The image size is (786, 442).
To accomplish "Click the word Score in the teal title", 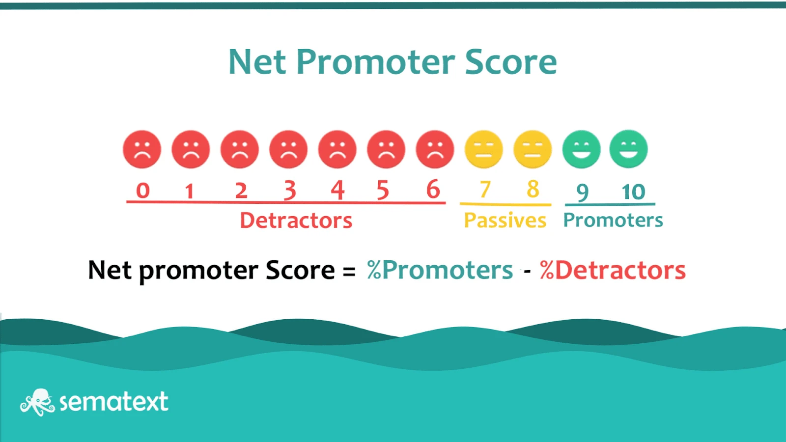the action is pyautogui.click(x=511, y=62).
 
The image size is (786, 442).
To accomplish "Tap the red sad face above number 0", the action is pyautogui.click(x=142, y=149).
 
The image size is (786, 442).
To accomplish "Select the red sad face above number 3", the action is pyautogui.click(x=288, y=149).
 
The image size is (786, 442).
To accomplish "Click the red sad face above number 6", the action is pyautogui.click(x=435, y=149).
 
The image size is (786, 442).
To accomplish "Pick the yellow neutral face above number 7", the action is pyautogui.click(x=483, y=149).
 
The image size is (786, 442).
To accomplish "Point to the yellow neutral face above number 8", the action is pyautogui.click(x=533, y=149).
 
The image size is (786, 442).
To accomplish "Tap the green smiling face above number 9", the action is pyautogui.click(x=582, y=149).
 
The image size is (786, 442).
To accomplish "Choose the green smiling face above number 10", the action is pyautogui.click(x=628, y=149).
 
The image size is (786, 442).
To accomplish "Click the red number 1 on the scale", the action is pyautogui.click(x=190, y=191).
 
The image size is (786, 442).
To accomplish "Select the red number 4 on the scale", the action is pyautogui.click(x=337, y=190).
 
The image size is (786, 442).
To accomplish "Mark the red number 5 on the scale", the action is pyautogui.click(x=383, y=190).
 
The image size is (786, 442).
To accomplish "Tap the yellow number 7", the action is pyautogui.click(x=485, y=189).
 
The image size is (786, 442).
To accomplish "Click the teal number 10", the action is pyautogui.click(x=633, y=192).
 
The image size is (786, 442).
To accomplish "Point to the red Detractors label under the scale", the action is pyautogui.click(x=296, y=221).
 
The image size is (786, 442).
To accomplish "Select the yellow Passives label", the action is pyautogui.click(x=505, y=221).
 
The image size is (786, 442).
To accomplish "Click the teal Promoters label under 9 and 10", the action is pyautogui.click(x=613, y=221).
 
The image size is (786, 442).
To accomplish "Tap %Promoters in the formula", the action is pyautogui.click(x=440, y=270).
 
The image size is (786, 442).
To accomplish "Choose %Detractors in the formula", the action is pyautogui.click(x=613, y=270).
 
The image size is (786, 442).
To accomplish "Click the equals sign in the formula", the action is pyautogui.click(x=349, y=271).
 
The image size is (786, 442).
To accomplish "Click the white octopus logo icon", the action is pyautogui.click(x=37, y=402).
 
